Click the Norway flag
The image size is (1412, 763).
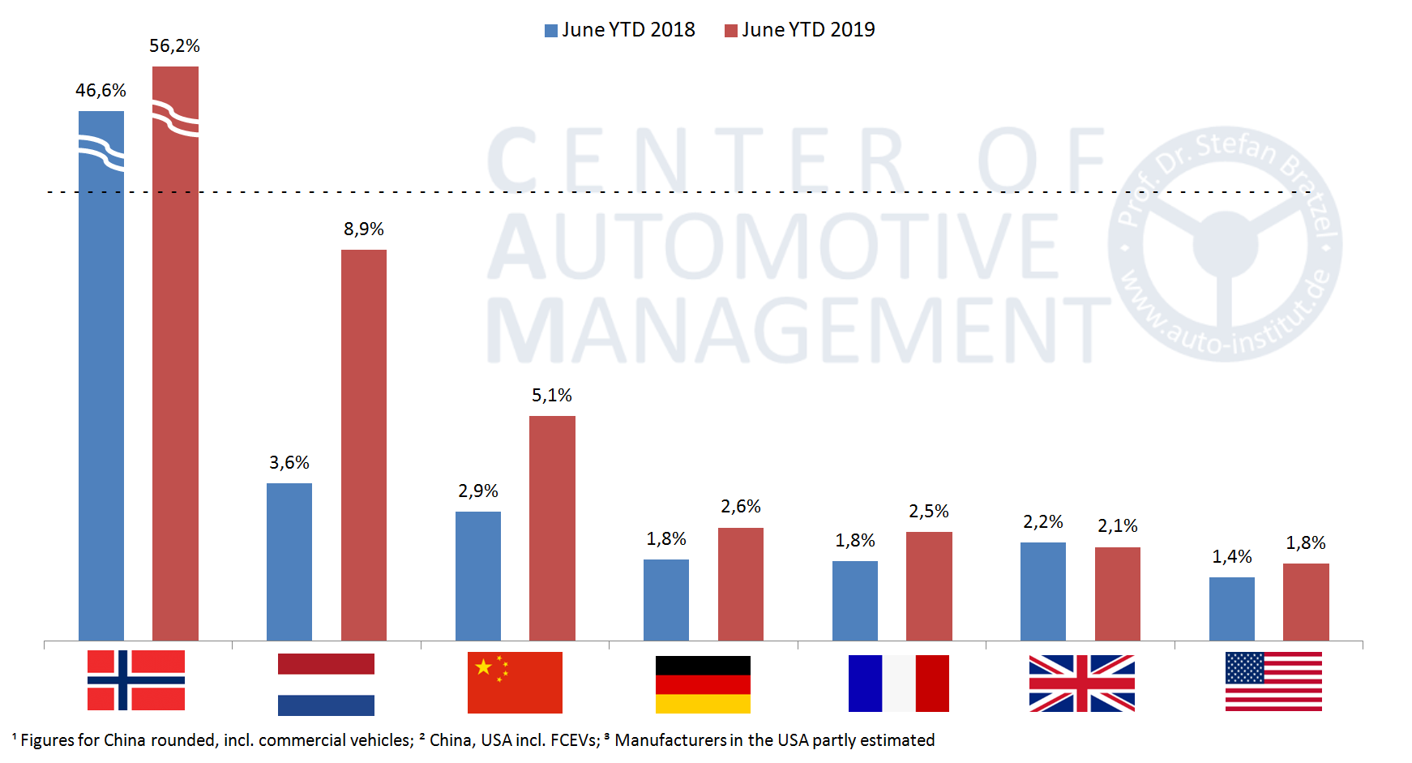click(136, 680)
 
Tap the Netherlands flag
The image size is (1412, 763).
click(326, 684)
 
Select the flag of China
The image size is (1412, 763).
click(515, 683)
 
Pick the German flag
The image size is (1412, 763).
click(703, 684)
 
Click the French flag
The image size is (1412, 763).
click(898, 684)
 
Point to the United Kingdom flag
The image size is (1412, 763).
click(1081, 684)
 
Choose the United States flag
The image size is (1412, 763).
click(1273, 682)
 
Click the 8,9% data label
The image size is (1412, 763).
click(364, 229)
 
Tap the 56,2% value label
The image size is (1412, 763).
click(174, 46)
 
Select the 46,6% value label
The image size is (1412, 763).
click(101, 91)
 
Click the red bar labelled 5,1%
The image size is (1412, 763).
click(552, 528)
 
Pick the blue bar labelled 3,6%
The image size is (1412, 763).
click(289, 561)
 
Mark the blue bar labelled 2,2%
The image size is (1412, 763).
click(1042, 591)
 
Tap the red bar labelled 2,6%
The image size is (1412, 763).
click(741, 584)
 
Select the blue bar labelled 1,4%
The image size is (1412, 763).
click(1231, 608)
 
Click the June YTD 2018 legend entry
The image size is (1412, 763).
click(620, 30)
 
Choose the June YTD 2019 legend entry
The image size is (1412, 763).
click(800, 30)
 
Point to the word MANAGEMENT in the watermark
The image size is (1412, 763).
click(798, 329)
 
